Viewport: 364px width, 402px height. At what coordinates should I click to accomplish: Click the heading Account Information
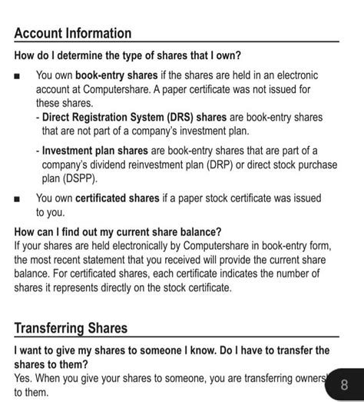(73, 34)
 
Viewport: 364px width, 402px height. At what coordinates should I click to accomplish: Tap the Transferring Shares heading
(71, 329)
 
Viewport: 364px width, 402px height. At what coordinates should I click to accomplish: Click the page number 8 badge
(344, 384)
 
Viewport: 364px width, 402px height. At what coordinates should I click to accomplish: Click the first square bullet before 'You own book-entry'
(18, 77)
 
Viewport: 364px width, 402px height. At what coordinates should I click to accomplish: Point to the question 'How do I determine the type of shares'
(127, 56)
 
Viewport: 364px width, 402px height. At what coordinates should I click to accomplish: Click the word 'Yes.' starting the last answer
(24, 378)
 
